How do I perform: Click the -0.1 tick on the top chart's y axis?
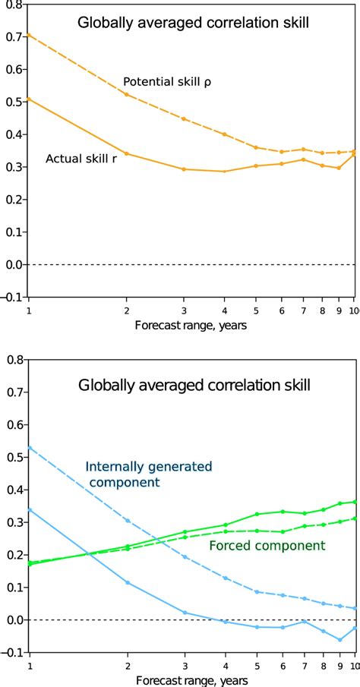coord(9,297)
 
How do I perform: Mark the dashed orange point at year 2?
coord(127,94)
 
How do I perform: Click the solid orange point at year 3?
coord(184,169)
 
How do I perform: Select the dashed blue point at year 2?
coord(127,521)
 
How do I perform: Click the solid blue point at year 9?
coord(339,640)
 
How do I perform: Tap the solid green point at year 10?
coord(354,502)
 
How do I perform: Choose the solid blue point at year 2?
coord(127,582)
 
